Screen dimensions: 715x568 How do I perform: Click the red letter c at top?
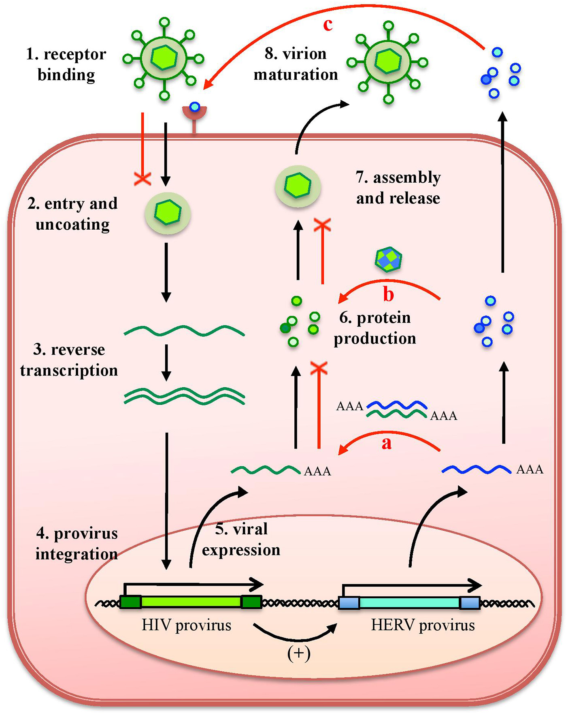click(328, 25)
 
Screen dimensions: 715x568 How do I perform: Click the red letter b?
click(388, 295)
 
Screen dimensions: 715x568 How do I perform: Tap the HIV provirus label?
click(186, 625)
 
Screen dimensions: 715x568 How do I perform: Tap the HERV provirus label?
click(423, 625)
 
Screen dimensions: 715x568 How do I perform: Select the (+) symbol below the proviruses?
click(299, 653)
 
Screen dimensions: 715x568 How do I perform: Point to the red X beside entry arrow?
click(143, 178)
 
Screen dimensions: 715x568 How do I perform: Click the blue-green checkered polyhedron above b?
click(388, 259)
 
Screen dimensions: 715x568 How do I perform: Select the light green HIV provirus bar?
click(191, 602)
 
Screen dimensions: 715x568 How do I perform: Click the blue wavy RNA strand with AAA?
click(476, 470)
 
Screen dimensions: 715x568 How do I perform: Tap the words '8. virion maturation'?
click(296, 64)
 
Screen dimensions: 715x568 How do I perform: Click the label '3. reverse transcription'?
click(69, 360)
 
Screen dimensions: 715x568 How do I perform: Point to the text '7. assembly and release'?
click(398, 188)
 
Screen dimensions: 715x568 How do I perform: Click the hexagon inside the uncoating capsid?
click(168, 212)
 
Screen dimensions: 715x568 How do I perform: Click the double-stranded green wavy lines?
click(184, 396)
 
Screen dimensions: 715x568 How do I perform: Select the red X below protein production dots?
click(319, 368)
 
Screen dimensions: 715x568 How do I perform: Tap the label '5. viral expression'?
click(241, 539)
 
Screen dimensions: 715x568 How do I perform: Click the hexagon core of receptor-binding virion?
click(164, 58)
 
